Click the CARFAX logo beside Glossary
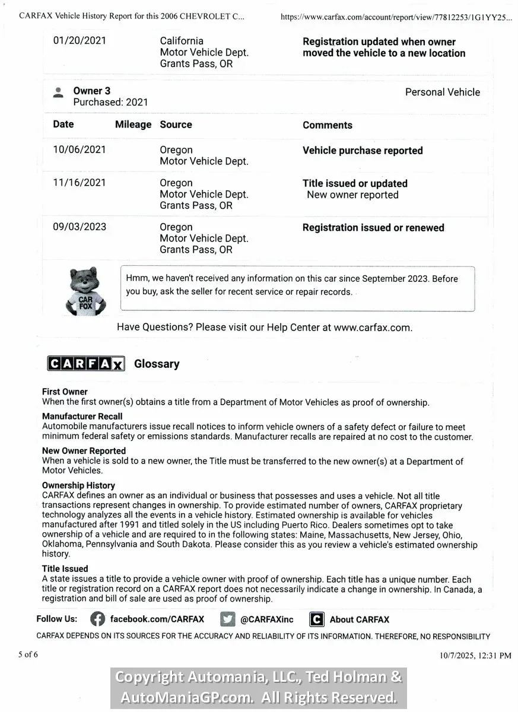click(x=86, y=364)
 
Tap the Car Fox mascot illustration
click(x=85, y=290)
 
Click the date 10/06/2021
click(x=80, y=150)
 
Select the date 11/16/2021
click(x=80, y=183)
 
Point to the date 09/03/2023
click(x=80, y=227)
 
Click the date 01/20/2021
click(x=80, y=41)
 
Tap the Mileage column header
click(x=133, y=125)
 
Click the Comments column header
click(x=328, y=125)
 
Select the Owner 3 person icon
click(x=58, y=93)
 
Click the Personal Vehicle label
click(x=443, y=92)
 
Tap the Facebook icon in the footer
click(x=98, y=619)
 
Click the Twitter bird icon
click(x=227, y=619)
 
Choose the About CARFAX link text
click(x=360, y=619)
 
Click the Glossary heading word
click(x=157, y=364)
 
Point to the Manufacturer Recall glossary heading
click(x=82, y=417)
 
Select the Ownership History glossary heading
click(x=78, y=485)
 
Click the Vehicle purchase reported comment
click(x=363, y=151)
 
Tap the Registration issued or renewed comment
click(x=373, y=228)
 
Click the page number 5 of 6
click(x=28, y=655)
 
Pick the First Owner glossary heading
click(x=65, y=392)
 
